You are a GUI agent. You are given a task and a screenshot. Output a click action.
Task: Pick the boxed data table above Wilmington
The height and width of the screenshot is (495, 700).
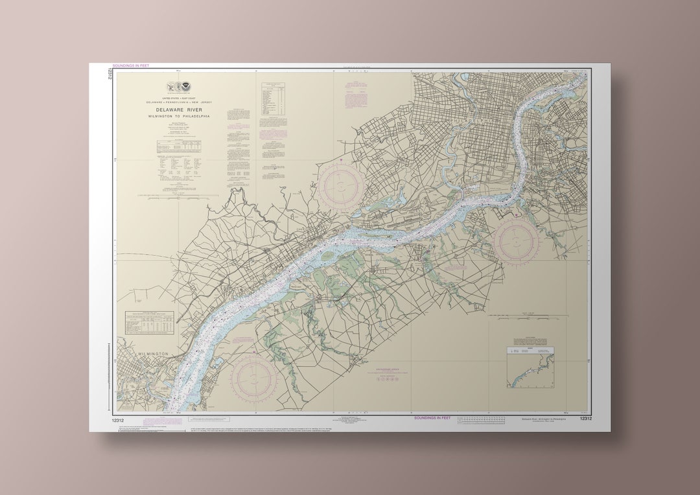click(150, 322)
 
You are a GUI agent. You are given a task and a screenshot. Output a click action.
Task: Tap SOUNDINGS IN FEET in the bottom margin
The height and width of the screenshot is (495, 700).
click(432, 418)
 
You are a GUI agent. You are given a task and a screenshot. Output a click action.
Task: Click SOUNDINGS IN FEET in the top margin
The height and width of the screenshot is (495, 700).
click(130, 65)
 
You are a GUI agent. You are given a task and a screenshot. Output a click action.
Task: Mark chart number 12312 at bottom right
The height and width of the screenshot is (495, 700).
click(586, 419)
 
